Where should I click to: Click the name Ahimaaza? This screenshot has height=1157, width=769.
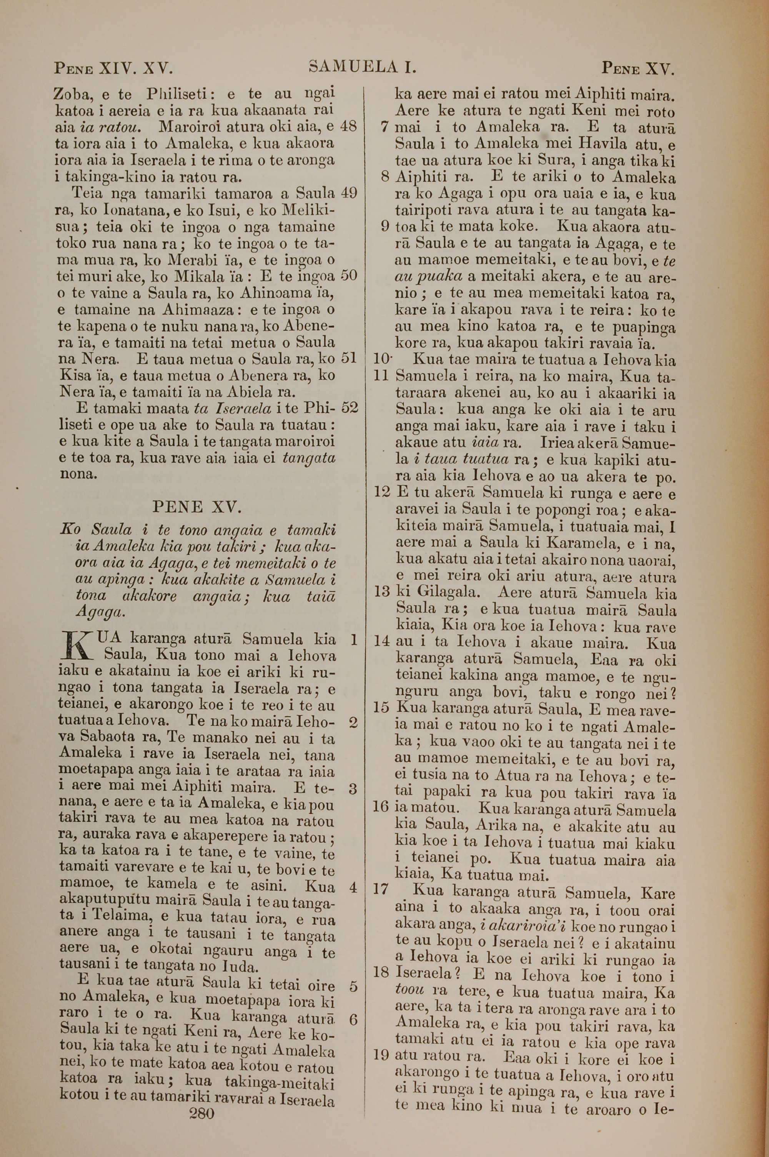[196, 310]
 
